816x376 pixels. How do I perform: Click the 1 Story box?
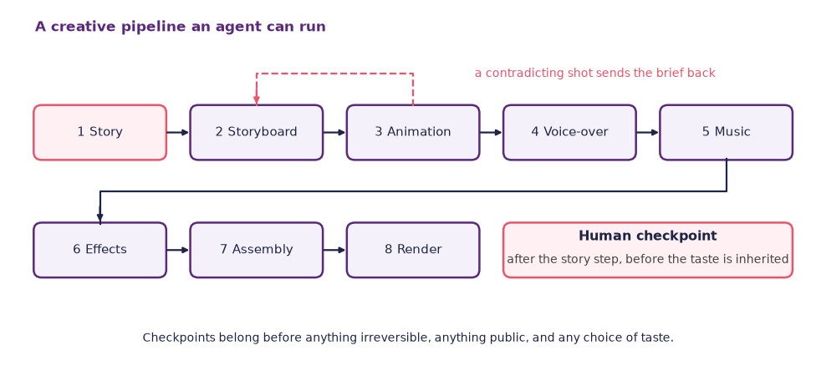coord(100,132)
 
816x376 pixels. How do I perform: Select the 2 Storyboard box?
coord(257,132)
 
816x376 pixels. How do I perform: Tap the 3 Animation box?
coord(413,132)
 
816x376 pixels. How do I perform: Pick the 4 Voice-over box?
coord(570,132)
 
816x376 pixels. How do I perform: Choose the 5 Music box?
coord(727,132)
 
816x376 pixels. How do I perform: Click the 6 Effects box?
coord(100,250)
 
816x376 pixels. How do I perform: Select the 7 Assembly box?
coord(257,250)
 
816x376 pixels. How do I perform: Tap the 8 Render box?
coord(413,250)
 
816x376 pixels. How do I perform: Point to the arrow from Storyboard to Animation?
coord(335,132)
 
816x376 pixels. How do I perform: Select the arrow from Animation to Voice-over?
coord(492,132)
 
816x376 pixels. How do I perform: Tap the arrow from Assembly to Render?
coord(335,250)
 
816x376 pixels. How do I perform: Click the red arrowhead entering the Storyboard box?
coord(257,100)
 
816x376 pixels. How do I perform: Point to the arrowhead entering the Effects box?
coord(100,217)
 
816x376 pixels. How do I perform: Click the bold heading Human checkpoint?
coord(648,236)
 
